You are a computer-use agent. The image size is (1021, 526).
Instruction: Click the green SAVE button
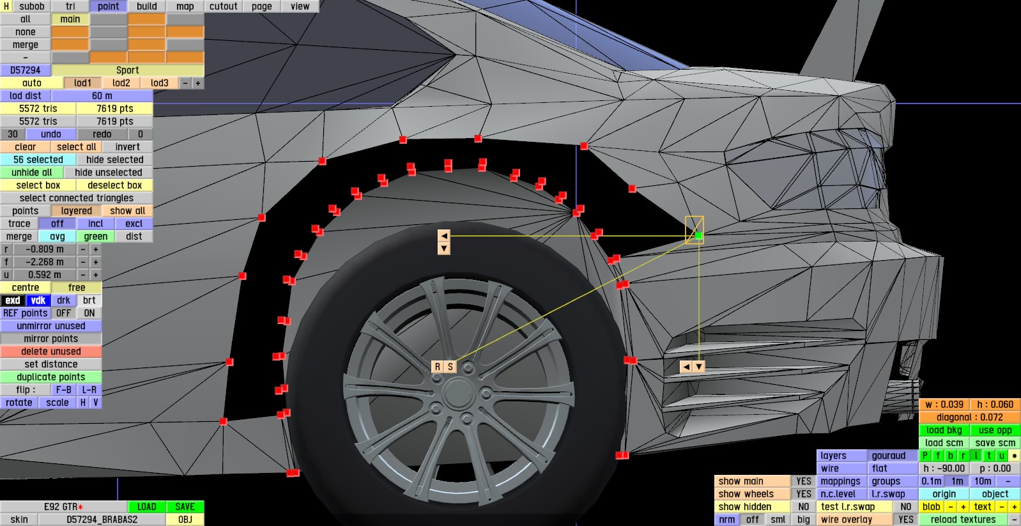pos(185,507)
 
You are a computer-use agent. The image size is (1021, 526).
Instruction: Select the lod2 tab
pos(121,83)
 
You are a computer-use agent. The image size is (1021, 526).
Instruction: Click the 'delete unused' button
pos(50,352)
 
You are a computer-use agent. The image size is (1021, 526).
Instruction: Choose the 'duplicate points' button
pos(50,377)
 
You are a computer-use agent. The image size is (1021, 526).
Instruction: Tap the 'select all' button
pos(76,147)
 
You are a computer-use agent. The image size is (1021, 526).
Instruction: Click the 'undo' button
pos(50,134)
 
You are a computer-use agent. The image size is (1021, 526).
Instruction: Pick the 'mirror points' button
pos(50,339)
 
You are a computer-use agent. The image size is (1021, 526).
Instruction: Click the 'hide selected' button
pos(114,160)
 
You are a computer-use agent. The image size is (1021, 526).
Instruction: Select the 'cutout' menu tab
pos(223,6)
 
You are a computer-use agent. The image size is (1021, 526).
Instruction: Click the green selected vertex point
pos(698,236)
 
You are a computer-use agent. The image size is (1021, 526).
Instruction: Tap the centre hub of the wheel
pos(457,392)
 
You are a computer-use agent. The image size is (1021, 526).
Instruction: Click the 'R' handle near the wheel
pos(438,367)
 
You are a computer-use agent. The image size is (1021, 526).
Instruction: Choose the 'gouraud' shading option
pos(888,456)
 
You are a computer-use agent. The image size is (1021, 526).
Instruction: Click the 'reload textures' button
pos(963,520)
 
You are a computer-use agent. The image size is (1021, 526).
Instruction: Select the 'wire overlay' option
pos(846,520)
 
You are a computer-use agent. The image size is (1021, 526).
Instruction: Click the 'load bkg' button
pos(944,430)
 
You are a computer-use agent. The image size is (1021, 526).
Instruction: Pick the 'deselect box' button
pos(114,185)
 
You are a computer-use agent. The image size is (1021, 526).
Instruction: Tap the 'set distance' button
pos(50,364)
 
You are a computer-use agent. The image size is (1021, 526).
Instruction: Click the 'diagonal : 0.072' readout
pos(969,417)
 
